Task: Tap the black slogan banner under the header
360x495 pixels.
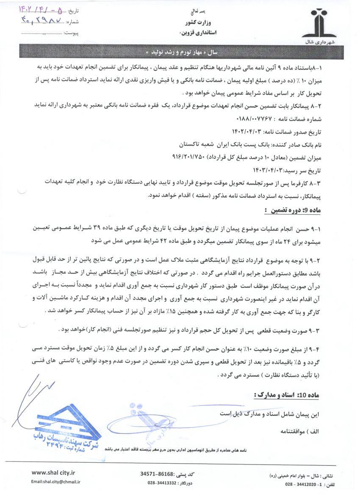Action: point(180,53)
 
